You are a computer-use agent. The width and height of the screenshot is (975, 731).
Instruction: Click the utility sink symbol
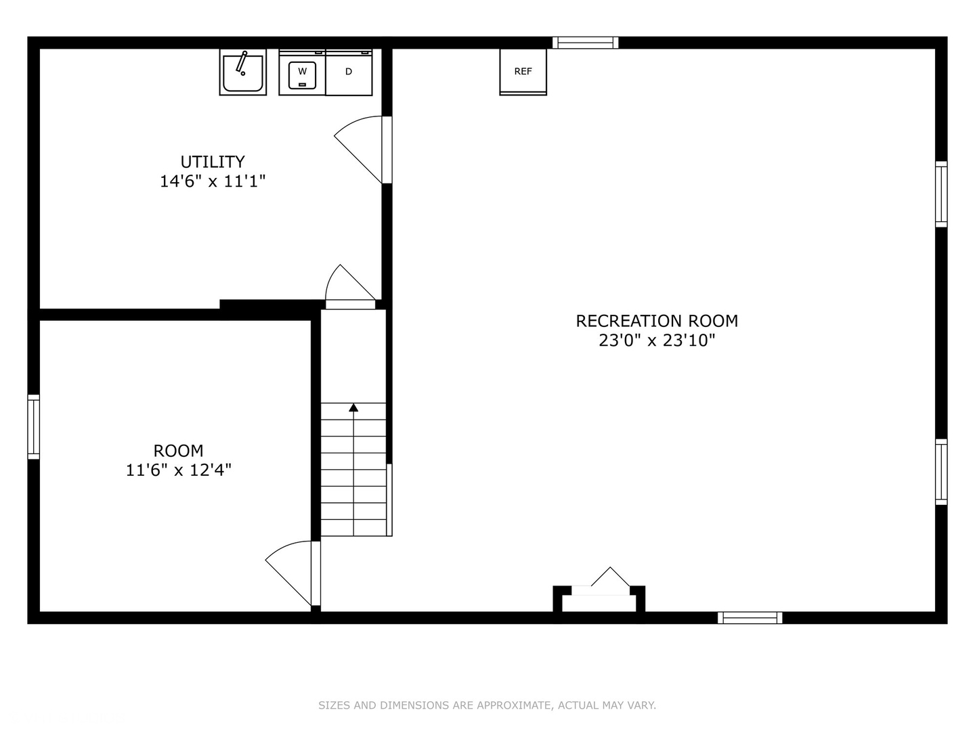coord(242,72)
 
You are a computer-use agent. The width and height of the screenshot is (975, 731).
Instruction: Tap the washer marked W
coord(302,72)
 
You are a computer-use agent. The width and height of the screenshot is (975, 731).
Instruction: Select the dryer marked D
coord(349,72)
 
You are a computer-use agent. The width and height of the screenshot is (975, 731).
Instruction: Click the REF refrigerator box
coord(523,72)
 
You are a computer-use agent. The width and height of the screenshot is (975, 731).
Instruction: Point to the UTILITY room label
coord(213,162)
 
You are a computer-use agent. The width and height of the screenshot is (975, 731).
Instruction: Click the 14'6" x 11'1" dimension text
coord(213,181)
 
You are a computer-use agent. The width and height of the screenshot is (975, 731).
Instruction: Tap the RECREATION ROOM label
coord(657,321)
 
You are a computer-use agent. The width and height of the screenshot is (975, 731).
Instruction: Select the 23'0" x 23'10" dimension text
coord(657,340)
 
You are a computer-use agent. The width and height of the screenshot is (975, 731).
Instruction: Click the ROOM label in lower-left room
coord(178,451)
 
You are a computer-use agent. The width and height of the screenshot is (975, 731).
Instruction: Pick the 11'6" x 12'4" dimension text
coord(178,470)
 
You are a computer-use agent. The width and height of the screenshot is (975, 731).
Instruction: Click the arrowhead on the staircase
coord(353,407)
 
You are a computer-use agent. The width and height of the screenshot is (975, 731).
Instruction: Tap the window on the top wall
coord(586,43)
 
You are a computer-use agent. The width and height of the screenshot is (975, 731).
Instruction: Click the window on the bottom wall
coord(750,617)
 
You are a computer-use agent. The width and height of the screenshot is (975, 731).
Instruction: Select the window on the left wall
coord(33,427)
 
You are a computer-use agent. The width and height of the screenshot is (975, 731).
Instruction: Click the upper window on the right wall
coord(941,194)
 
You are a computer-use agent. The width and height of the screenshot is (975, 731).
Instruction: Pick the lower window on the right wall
coord(941,472)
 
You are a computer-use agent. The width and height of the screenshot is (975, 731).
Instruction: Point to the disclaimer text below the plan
coord(487,705)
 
